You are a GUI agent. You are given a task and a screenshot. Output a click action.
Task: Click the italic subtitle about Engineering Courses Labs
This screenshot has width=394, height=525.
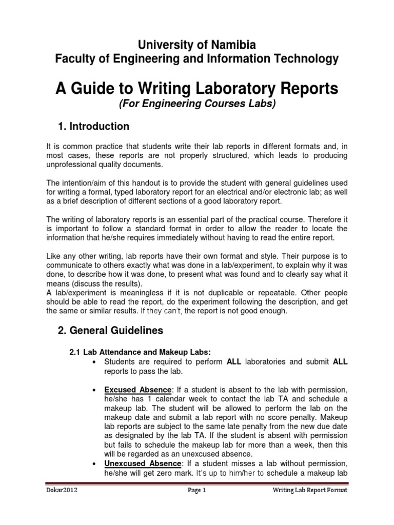(x=197, y=104)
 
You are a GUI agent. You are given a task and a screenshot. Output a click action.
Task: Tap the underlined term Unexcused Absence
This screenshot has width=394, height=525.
(x=142, y=463)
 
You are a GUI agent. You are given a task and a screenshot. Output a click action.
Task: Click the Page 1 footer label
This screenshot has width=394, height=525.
(x=196, y=490)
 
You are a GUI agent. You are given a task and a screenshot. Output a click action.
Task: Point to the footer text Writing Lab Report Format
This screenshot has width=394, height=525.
(x=309, y=490)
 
